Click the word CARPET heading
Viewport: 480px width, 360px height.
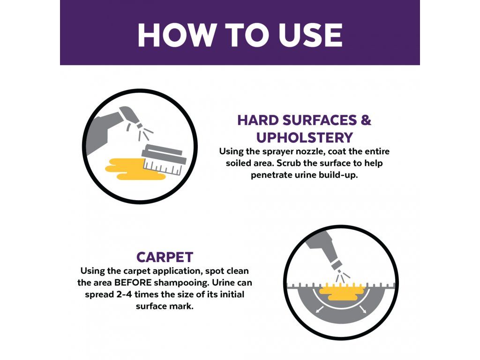point(165,257)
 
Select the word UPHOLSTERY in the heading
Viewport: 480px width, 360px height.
point(305,138)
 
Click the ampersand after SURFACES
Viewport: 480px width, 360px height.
point(366,120)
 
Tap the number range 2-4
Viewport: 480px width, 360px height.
point(120,294)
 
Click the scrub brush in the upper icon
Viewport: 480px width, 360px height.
point(164,159)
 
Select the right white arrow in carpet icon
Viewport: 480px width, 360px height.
point(362,309)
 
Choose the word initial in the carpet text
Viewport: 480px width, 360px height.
point(232,294)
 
